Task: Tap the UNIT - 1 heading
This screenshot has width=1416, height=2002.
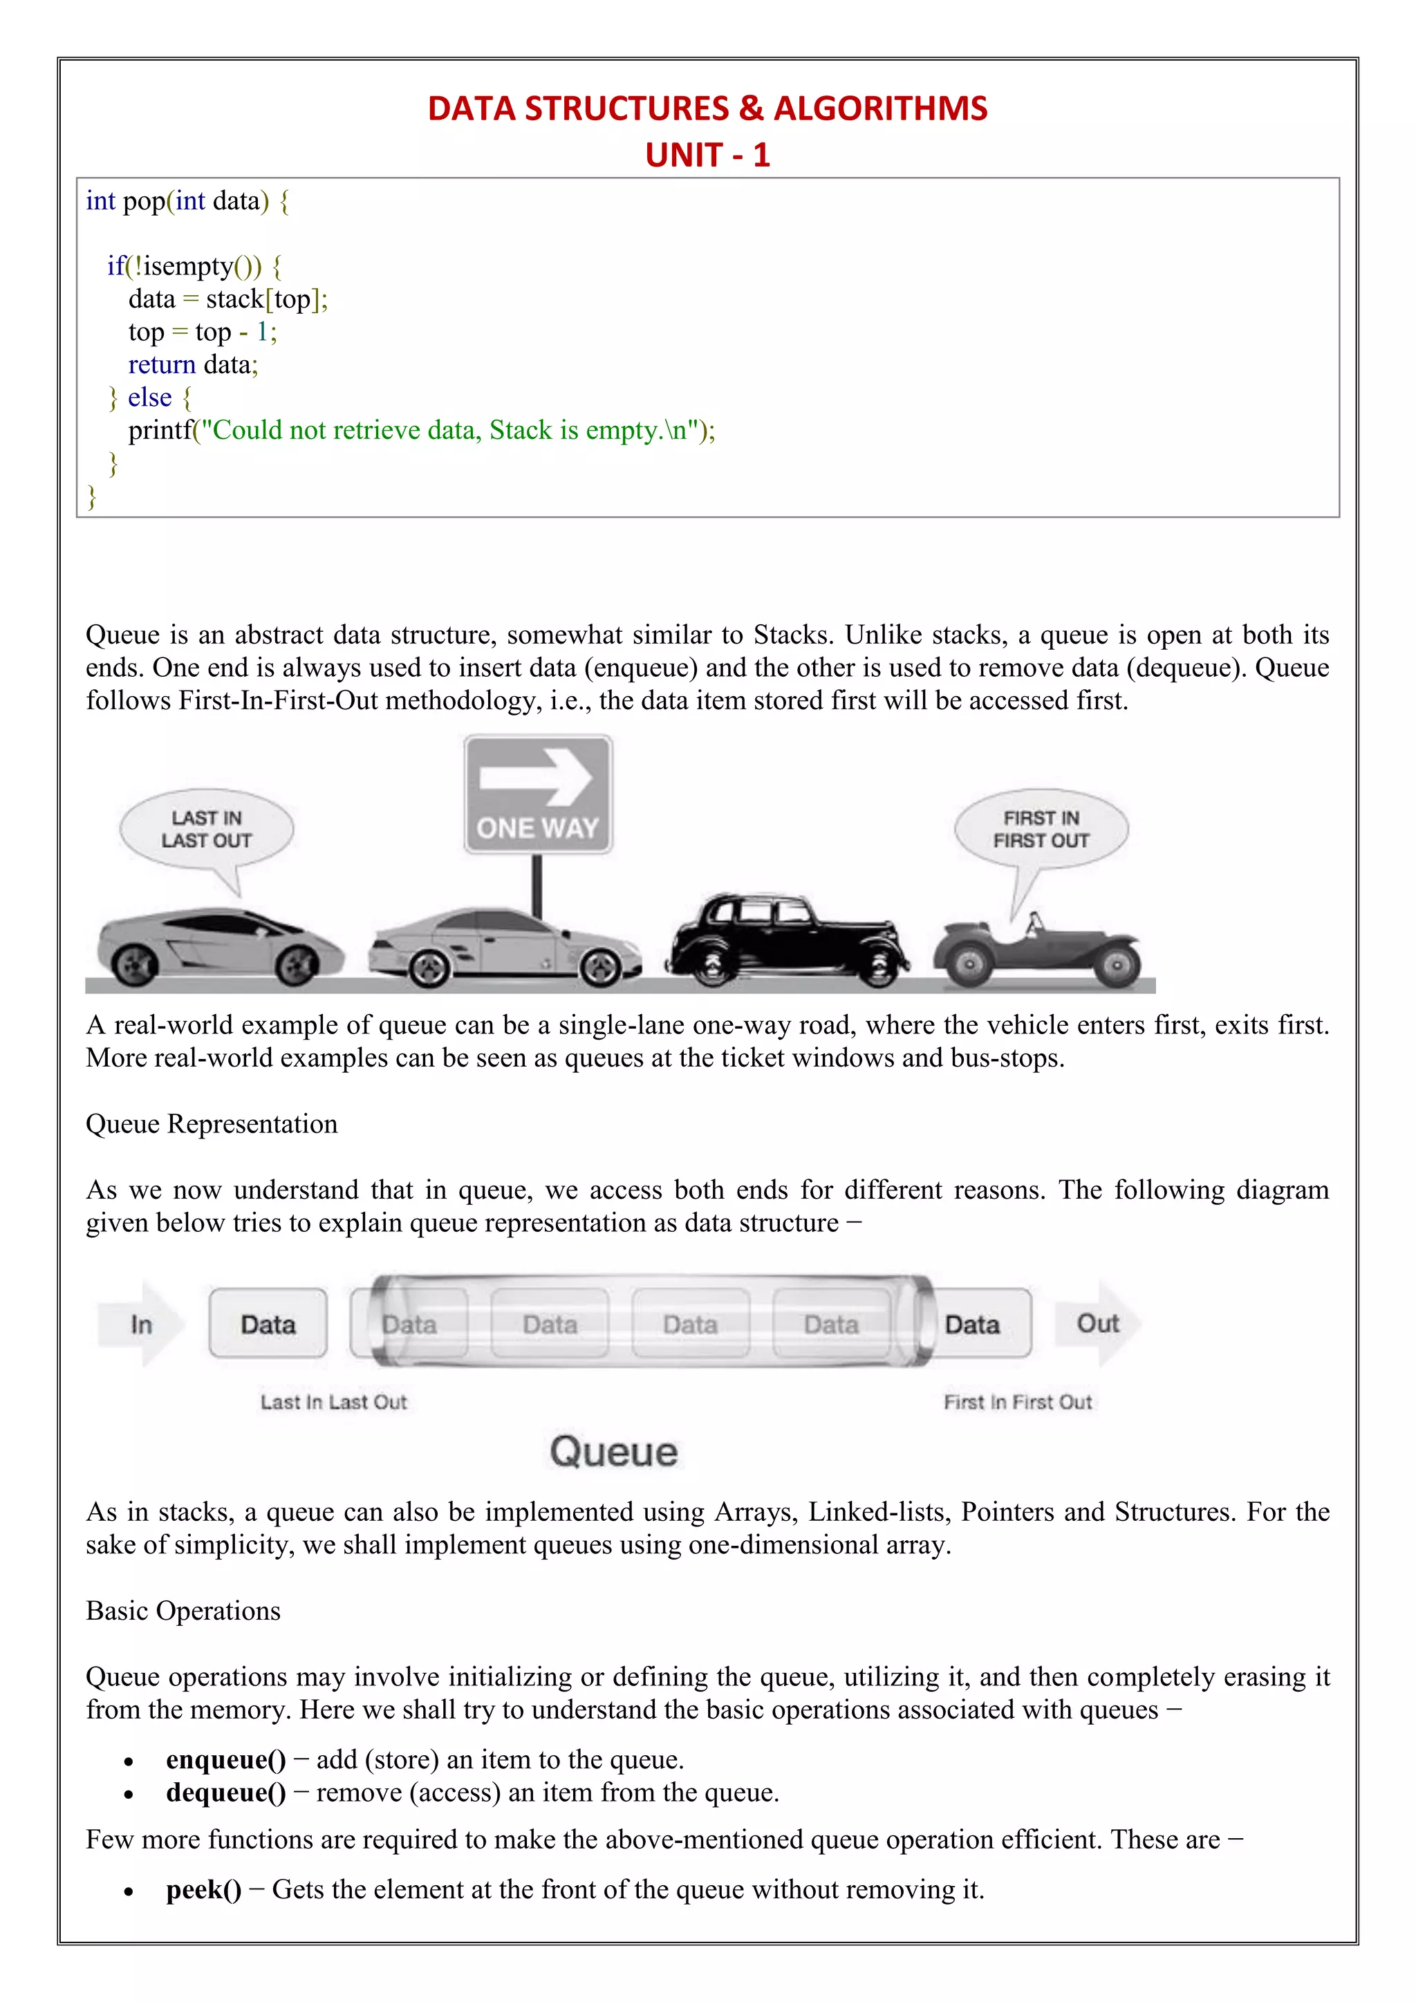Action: (x=707, y=156)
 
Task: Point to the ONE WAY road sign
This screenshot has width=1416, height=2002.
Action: (x=538, y=794)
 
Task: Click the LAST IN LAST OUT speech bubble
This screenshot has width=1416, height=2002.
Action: (x=207, y=830)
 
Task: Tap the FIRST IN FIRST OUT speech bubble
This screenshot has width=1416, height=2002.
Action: (x=1041, y=830)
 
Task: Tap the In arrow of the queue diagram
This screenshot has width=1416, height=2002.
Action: (x=141, y=1324)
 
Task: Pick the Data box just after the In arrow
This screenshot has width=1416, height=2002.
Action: (x=268, y=1324)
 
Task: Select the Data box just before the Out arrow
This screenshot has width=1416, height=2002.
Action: (x=973, y=1324)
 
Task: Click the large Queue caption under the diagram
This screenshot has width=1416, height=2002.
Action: (x=613, y=1452)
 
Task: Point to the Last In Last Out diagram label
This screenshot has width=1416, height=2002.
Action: (x=334, y=1402)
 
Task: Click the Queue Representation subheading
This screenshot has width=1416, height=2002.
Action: (x=212, y=1124)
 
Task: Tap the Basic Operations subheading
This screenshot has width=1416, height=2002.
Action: (x=183, y=1611)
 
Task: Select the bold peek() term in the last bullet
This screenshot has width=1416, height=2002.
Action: (x=203, y=1889)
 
